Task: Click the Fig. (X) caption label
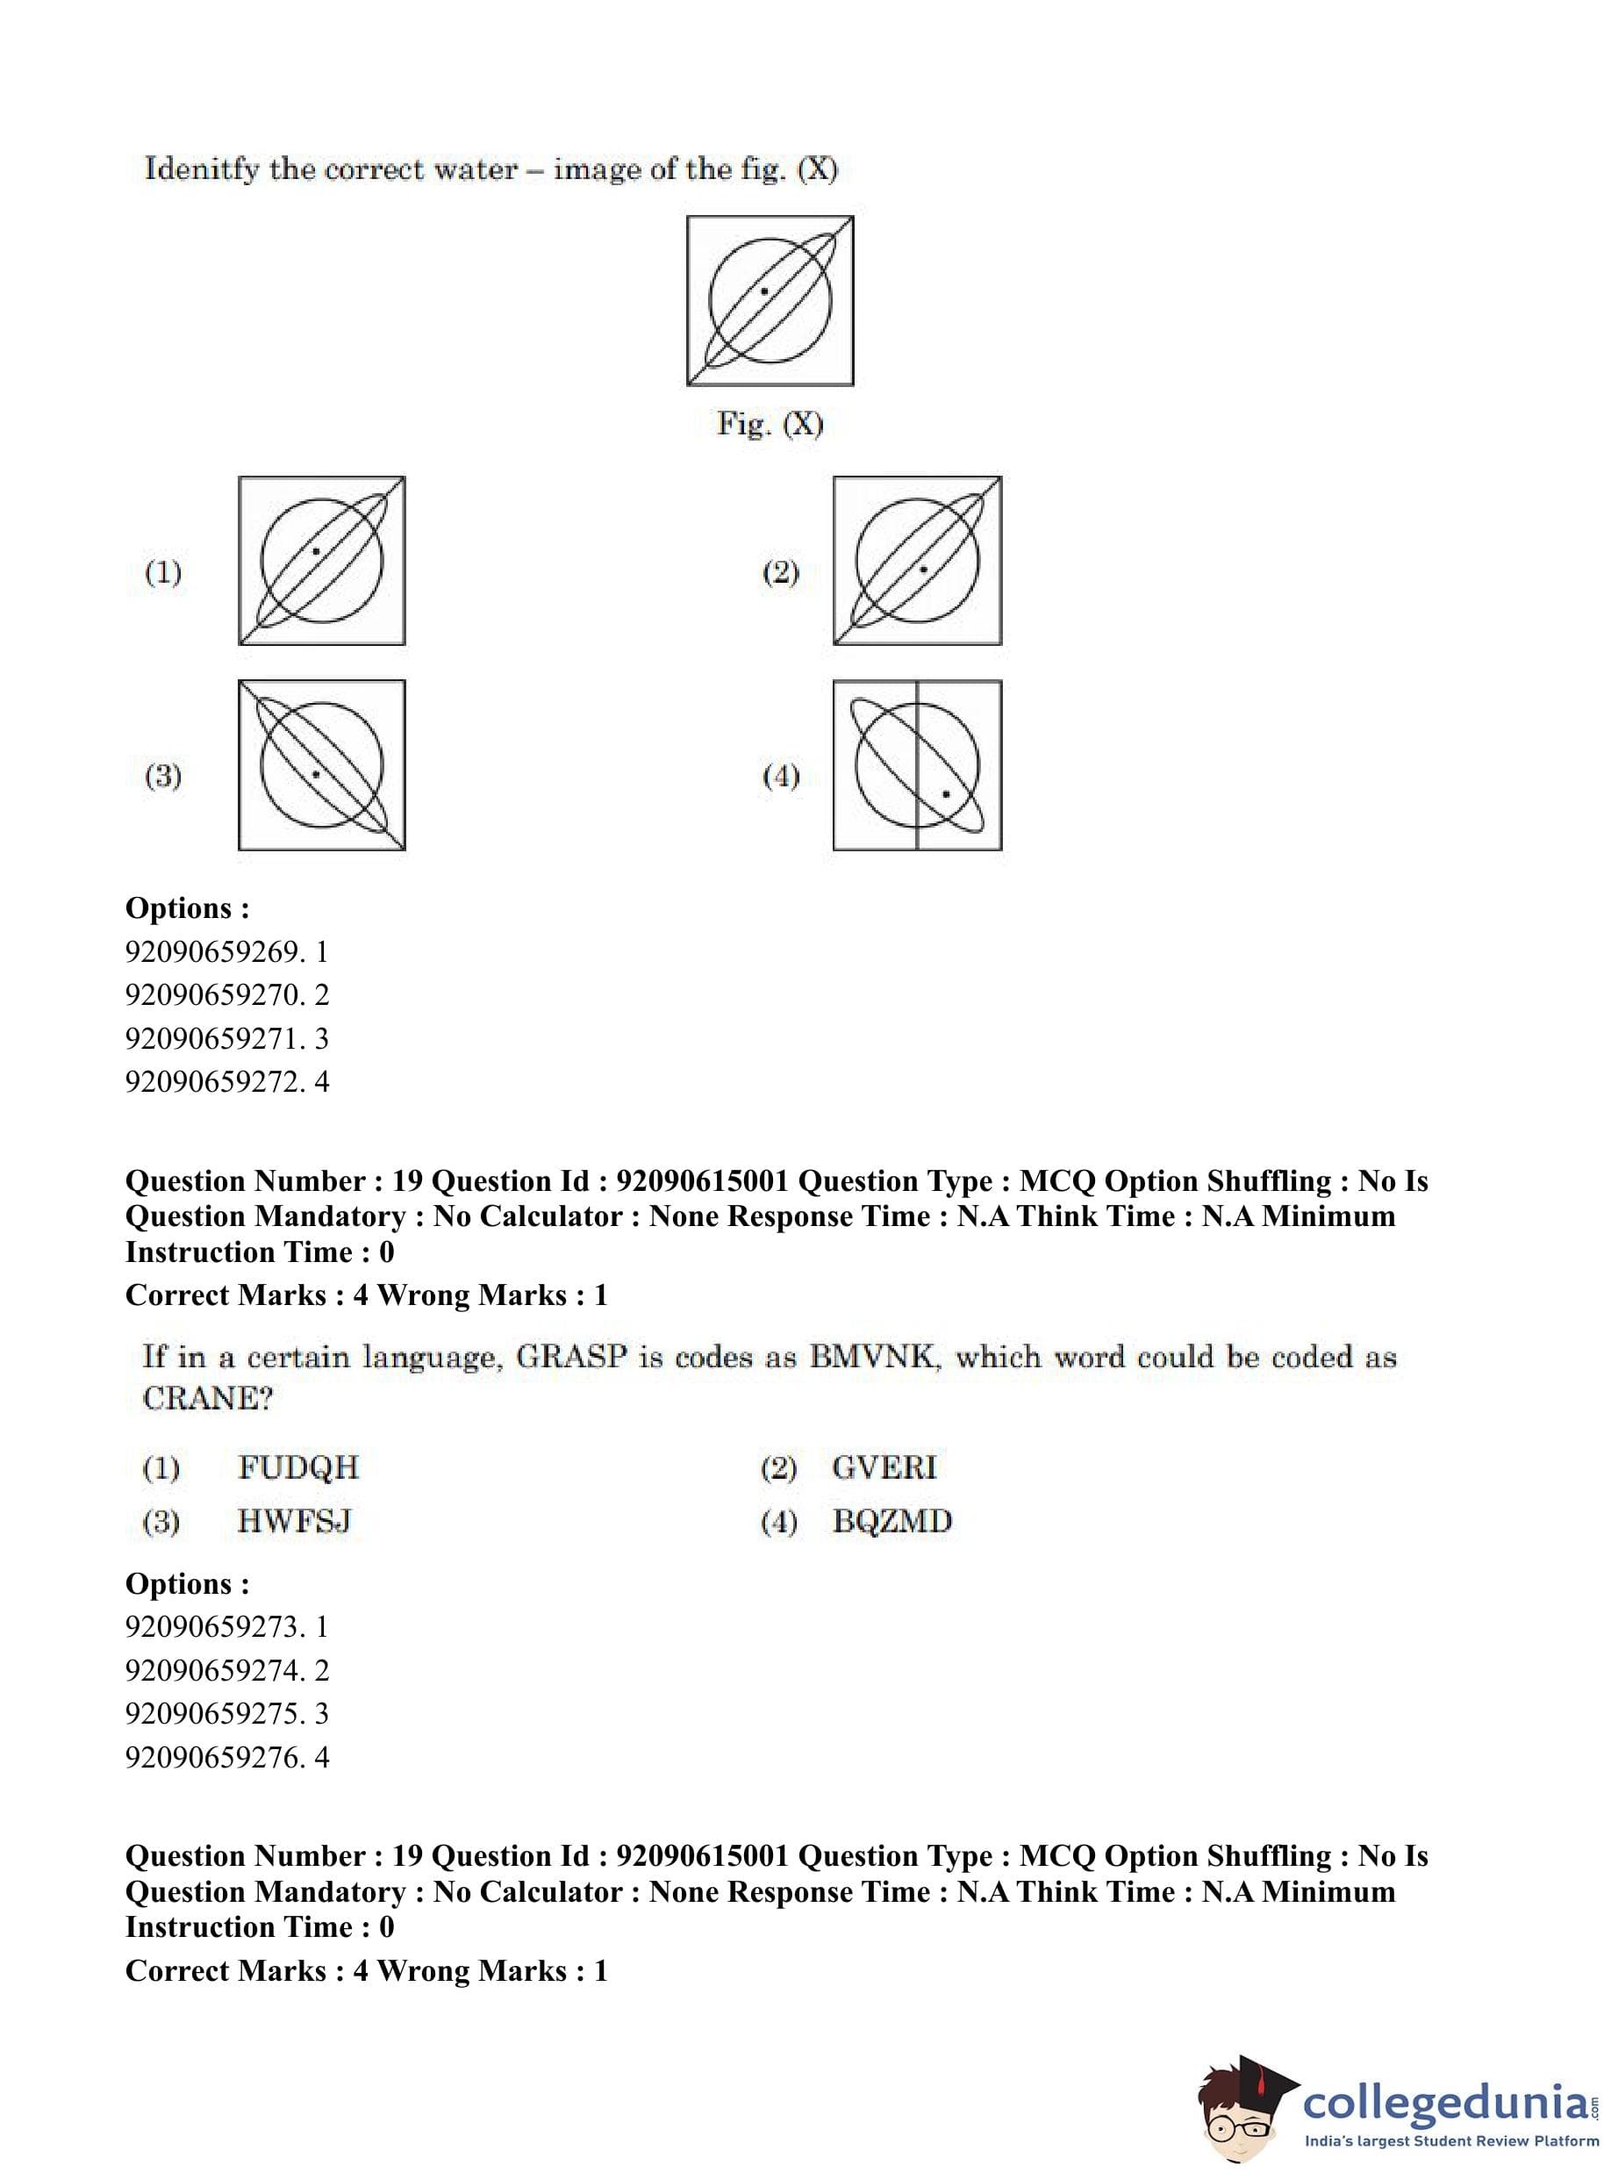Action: (770, 424)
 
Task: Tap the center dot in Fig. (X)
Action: (764, 291)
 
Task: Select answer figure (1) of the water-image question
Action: (322, 561)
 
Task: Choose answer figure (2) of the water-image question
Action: (917, 561)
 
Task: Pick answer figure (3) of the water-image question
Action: (322, 764)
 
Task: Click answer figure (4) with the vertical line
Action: (917, 764)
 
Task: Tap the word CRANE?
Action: (208, 1399)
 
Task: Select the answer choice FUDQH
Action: (298, 1468)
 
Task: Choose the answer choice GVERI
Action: (884, 1468)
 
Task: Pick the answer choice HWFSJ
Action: (294, 1522)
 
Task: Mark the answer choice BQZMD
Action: (891, 1522)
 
